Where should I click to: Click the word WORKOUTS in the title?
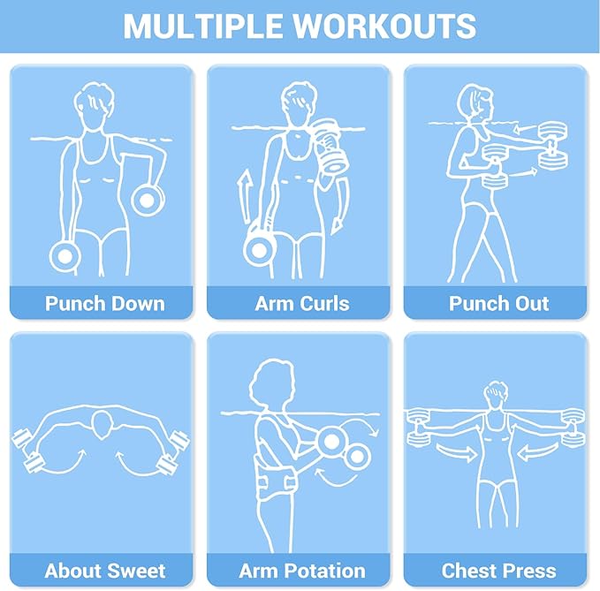[384, 26]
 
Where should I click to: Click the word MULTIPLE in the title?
[204, 26]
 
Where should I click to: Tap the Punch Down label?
[105, 304]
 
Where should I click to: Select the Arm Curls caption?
[302, 304]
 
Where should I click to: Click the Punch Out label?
[498, 304]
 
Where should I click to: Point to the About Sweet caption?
[105, 571]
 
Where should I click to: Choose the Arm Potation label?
[302, 571]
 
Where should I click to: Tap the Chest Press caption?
[498, 571]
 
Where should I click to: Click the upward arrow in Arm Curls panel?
[244, 197]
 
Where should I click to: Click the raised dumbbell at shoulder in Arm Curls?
[330, 146]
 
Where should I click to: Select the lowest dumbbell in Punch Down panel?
[65, 256]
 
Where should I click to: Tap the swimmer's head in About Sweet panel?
[103, 426]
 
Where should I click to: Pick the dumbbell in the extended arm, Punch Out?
[553, 145]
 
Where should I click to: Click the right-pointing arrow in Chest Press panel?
[457, 452]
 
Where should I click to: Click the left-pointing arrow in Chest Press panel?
[537, 452]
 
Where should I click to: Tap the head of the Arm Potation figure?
[271, 383]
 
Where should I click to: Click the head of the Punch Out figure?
[475, 103]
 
